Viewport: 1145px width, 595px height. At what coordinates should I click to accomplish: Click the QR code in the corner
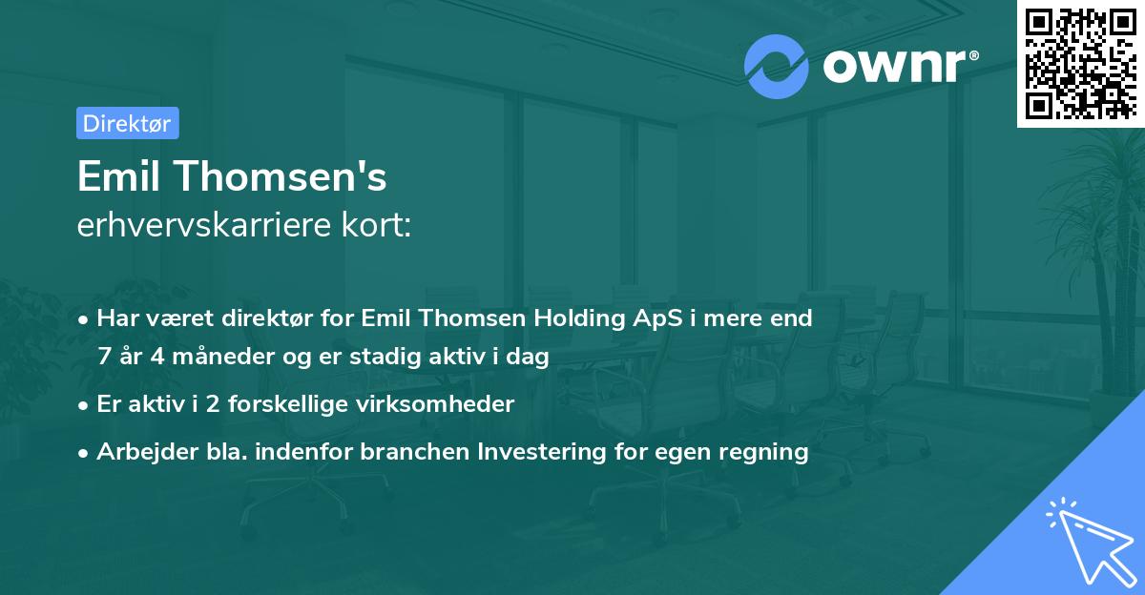1080,63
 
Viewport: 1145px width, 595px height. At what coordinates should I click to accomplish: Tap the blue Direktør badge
127,123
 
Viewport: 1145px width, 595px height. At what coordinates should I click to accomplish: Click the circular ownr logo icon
777,66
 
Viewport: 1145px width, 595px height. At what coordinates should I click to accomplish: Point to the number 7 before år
104,357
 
